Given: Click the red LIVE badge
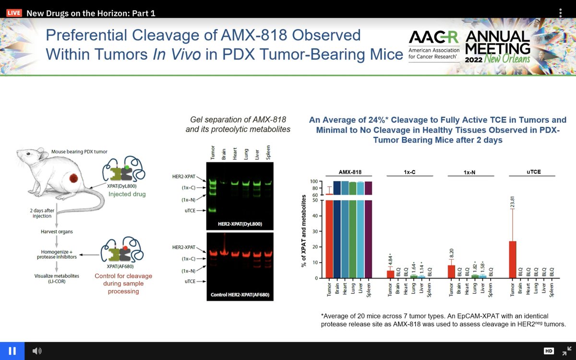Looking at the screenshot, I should pos(14,13).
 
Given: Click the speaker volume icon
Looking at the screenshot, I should pos(37,351).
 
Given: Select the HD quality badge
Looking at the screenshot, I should pos(548,351).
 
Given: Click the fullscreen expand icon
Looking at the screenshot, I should pos(566,351).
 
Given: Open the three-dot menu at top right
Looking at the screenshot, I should pos(560,13).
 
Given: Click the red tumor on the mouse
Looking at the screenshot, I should pos(74,180).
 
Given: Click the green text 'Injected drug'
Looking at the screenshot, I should pos(127,194).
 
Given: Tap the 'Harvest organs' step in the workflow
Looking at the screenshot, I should pos(57,232).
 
